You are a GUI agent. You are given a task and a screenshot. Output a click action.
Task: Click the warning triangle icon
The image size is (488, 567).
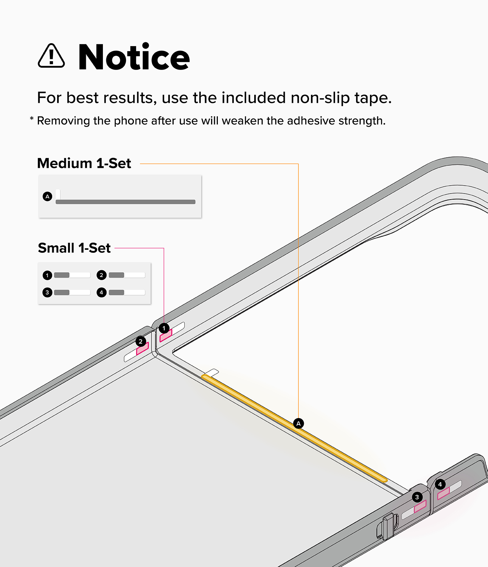(x=51, y=56)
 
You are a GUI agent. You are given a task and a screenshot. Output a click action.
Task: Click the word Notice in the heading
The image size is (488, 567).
(x=134, y=57)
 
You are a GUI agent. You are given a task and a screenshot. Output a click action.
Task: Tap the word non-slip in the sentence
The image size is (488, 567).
(x=320, y=98)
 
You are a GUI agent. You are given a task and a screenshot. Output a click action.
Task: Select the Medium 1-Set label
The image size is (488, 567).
(x=84, y=163)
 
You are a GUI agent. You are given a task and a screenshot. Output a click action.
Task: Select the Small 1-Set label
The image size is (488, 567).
(x=74, y=248)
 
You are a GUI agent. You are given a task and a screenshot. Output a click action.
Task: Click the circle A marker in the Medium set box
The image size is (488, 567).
(x=48, y=197)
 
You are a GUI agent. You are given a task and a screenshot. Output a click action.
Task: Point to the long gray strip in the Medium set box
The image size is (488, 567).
(x=126, y=202)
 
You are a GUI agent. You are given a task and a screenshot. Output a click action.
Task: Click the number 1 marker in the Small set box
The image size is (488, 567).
(x=47, y=275)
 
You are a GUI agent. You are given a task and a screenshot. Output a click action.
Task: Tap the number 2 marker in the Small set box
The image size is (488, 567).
(x=101, y=275)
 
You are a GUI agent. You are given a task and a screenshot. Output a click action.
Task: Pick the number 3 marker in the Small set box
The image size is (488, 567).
(x=47, y=293)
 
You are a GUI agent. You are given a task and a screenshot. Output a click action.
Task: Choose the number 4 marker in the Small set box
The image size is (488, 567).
(x=101, y=293)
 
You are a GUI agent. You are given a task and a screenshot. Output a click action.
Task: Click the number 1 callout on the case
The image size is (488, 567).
(x=164, y=328)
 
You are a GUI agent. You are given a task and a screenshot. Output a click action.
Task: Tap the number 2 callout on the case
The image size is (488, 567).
(x=140, y=341)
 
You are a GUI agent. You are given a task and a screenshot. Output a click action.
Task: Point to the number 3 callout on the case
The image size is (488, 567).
(x=417, y=497)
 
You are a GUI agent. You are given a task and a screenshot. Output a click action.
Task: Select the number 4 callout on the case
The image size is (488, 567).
(x=440, y=484)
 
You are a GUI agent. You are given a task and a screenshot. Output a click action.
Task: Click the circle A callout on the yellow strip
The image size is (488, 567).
(x=298, y=423)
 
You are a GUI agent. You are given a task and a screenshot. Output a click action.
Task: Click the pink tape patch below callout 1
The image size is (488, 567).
(x=166, y=336)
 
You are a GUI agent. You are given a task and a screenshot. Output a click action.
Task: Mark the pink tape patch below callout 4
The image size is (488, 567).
(x=443, y=494)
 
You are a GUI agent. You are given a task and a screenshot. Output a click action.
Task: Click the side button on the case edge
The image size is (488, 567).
(x=387, y=527)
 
